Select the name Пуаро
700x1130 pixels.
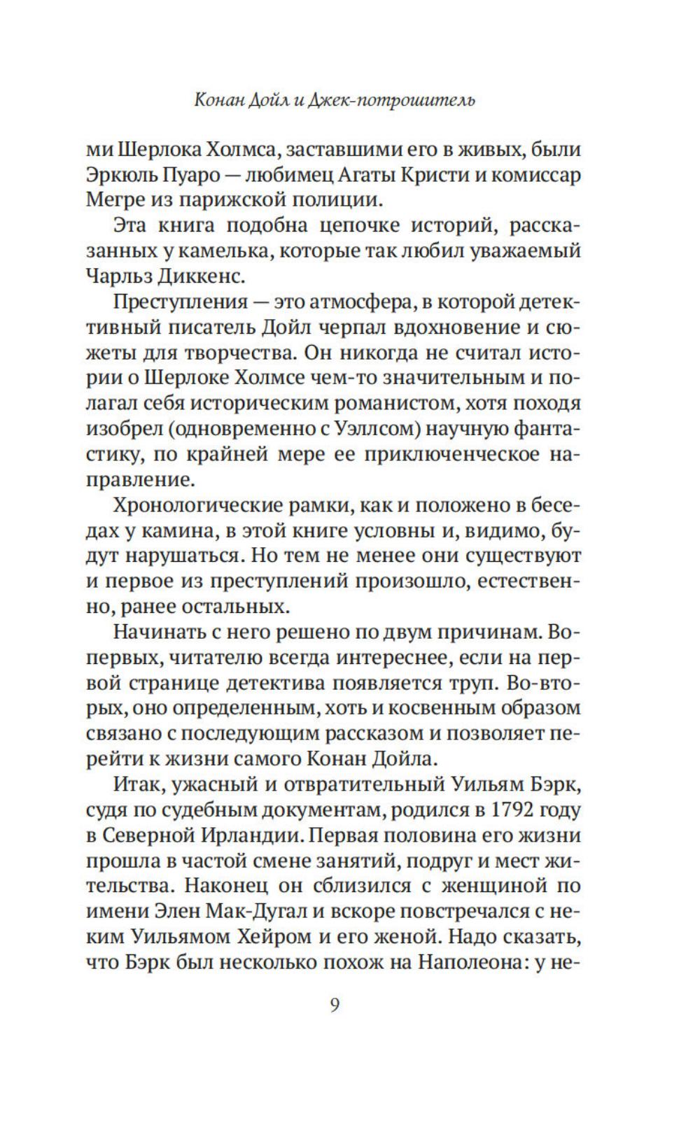[181, 175]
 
